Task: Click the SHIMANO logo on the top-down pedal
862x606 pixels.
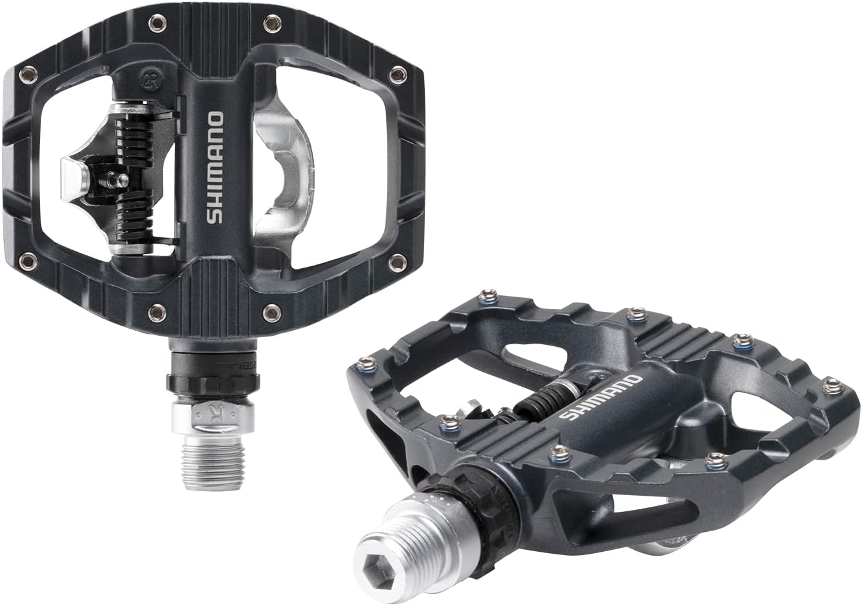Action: click(215, 168)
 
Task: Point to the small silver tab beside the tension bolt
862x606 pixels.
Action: click(72, 172)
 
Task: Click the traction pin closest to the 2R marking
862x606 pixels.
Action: click(156, 25)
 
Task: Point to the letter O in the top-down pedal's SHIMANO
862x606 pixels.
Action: click(216, 121)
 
